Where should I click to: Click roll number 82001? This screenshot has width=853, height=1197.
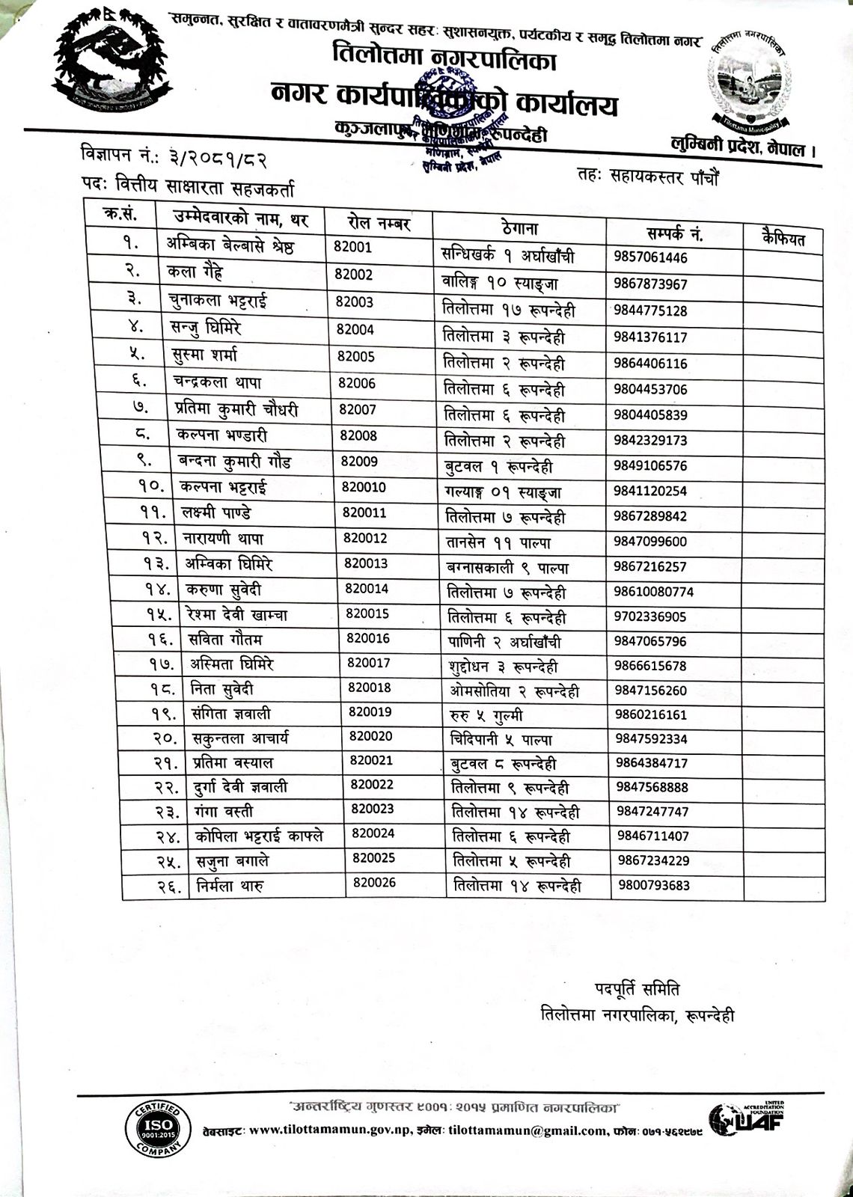tap(352, 248)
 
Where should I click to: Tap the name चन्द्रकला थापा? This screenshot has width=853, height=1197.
tap(217, 382)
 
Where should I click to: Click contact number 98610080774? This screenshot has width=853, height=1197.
tap(654, 592)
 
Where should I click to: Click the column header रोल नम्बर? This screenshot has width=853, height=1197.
tap(379, 222)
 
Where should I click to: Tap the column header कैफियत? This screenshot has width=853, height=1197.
tap(783, 239)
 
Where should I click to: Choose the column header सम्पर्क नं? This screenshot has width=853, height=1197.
tap(674, 233)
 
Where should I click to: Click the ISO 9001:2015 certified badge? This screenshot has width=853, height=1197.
tap(157, 1128)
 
